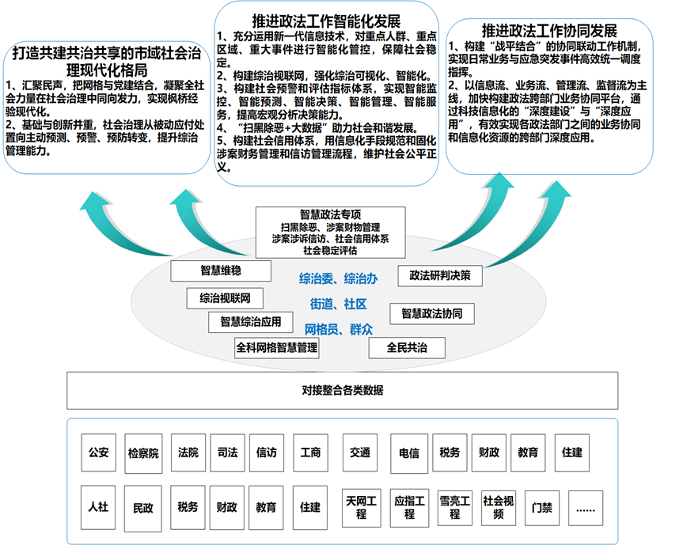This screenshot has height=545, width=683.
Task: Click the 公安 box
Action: [x=99, y=453]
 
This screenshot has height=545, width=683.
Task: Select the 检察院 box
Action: [x=143, y=454]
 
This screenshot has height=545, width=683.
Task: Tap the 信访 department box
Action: [x=267, y=453]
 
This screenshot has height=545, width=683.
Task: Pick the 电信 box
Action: [x=409, y=453]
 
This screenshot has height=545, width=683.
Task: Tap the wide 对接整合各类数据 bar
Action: [x=343, y=390]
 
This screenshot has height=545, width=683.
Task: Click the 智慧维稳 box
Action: [x=214, y=271]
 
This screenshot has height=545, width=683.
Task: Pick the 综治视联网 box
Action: [x=225, y=298]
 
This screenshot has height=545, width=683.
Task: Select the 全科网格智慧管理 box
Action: [x=277, y=347]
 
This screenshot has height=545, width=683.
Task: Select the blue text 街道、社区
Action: [x=338, y=304]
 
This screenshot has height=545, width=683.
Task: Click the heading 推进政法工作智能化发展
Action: [x=327, y=18]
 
